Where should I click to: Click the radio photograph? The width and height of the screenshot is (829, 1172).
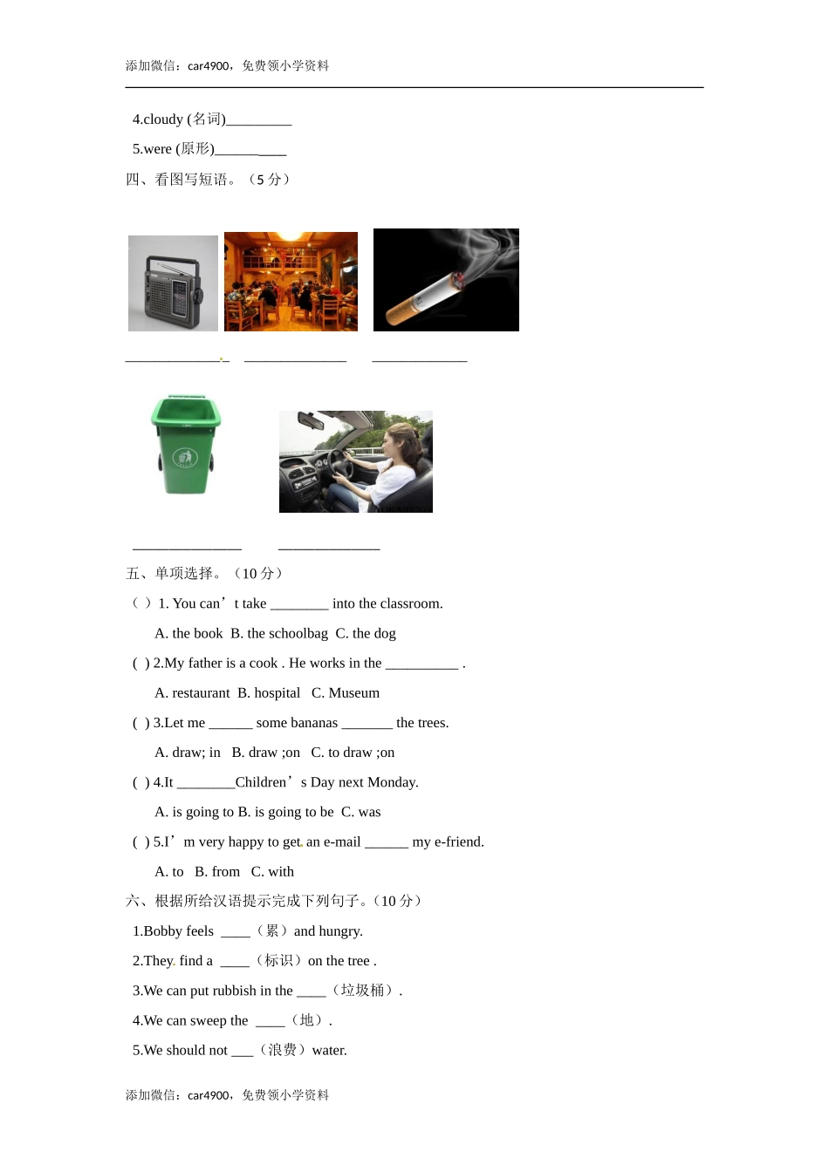point(173,283)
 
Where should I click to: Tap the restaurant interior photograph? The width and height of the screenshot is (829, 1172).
point(291,282)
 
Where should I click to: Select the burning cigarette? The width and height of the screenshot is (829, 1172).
point(425,298)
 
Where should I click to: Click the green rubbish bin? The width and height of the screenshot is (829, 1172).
point(186,445)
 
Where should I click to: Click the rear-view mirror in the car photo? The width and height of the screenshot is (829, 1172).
point(311,420)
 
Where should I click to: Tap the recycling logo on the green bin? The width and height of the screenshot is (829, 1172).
point(185,458)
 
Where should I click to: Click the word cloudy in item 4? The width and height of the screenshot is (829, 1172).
point(163,119)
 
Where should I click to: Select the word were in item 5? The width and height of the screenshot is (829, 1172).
point(158,149)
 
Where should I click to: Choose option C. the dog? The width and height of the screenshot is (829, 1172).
point(366,633)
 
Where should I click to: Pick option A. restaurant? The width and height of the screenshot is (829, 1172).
point(192,692)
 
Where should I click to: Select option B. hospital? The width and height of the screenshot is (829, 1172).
point(269,692)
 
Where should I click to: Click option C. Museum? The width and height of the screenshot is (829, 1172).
point(346,692)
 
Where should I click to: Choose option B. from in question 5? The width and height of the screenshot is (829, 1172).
point(217,871)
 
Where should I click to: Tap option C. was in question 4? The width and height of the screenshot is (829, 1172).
point(360,812)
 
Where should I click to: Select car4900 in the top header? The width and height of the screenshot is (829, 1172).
point(209,66)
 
